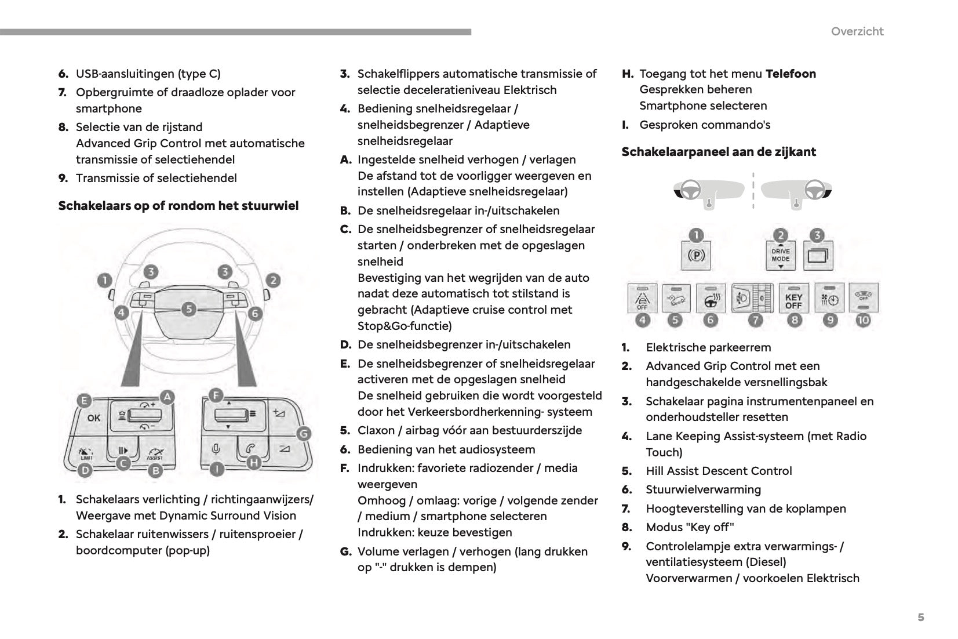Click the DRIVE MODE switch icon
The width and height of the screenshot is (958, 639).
click(780, 255)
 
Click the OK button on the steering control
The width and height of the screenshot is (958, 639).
click(93, 417)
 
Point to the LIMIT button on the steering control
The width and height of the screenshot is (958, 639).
click(86, 451)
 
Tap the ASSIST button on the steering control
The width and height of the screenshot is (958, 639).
click(154, 452)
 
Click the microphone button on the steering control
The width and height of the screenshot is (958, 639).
click(216, 449)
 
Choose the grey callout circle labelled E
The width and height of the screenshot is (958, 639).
click(85, 400)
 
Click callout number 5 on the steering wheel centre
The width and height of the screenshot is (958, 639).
click(189, 309)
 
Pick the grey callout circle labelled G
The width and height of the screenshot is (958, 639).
click(303, 434)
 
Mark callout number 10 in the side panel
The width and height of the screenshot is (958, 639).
click(863, 319)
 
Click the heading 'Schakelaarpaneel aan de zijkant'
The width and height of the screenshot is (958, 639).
click(718, 152)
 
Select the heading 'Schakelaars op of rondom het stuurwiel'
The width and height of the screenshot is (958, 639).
click(179, 206)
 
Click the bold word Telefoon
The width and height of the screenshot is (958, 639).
click(790, 74)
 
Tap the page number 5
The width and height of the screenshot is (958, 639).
click(920, 617)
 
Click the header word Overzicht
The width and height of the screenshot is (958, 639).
click(857, 31)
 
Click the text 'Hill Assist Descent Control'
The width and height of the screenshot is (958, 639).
click(719, 471)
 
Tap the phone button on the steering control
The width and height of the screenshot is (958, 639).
click(250, 448)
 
